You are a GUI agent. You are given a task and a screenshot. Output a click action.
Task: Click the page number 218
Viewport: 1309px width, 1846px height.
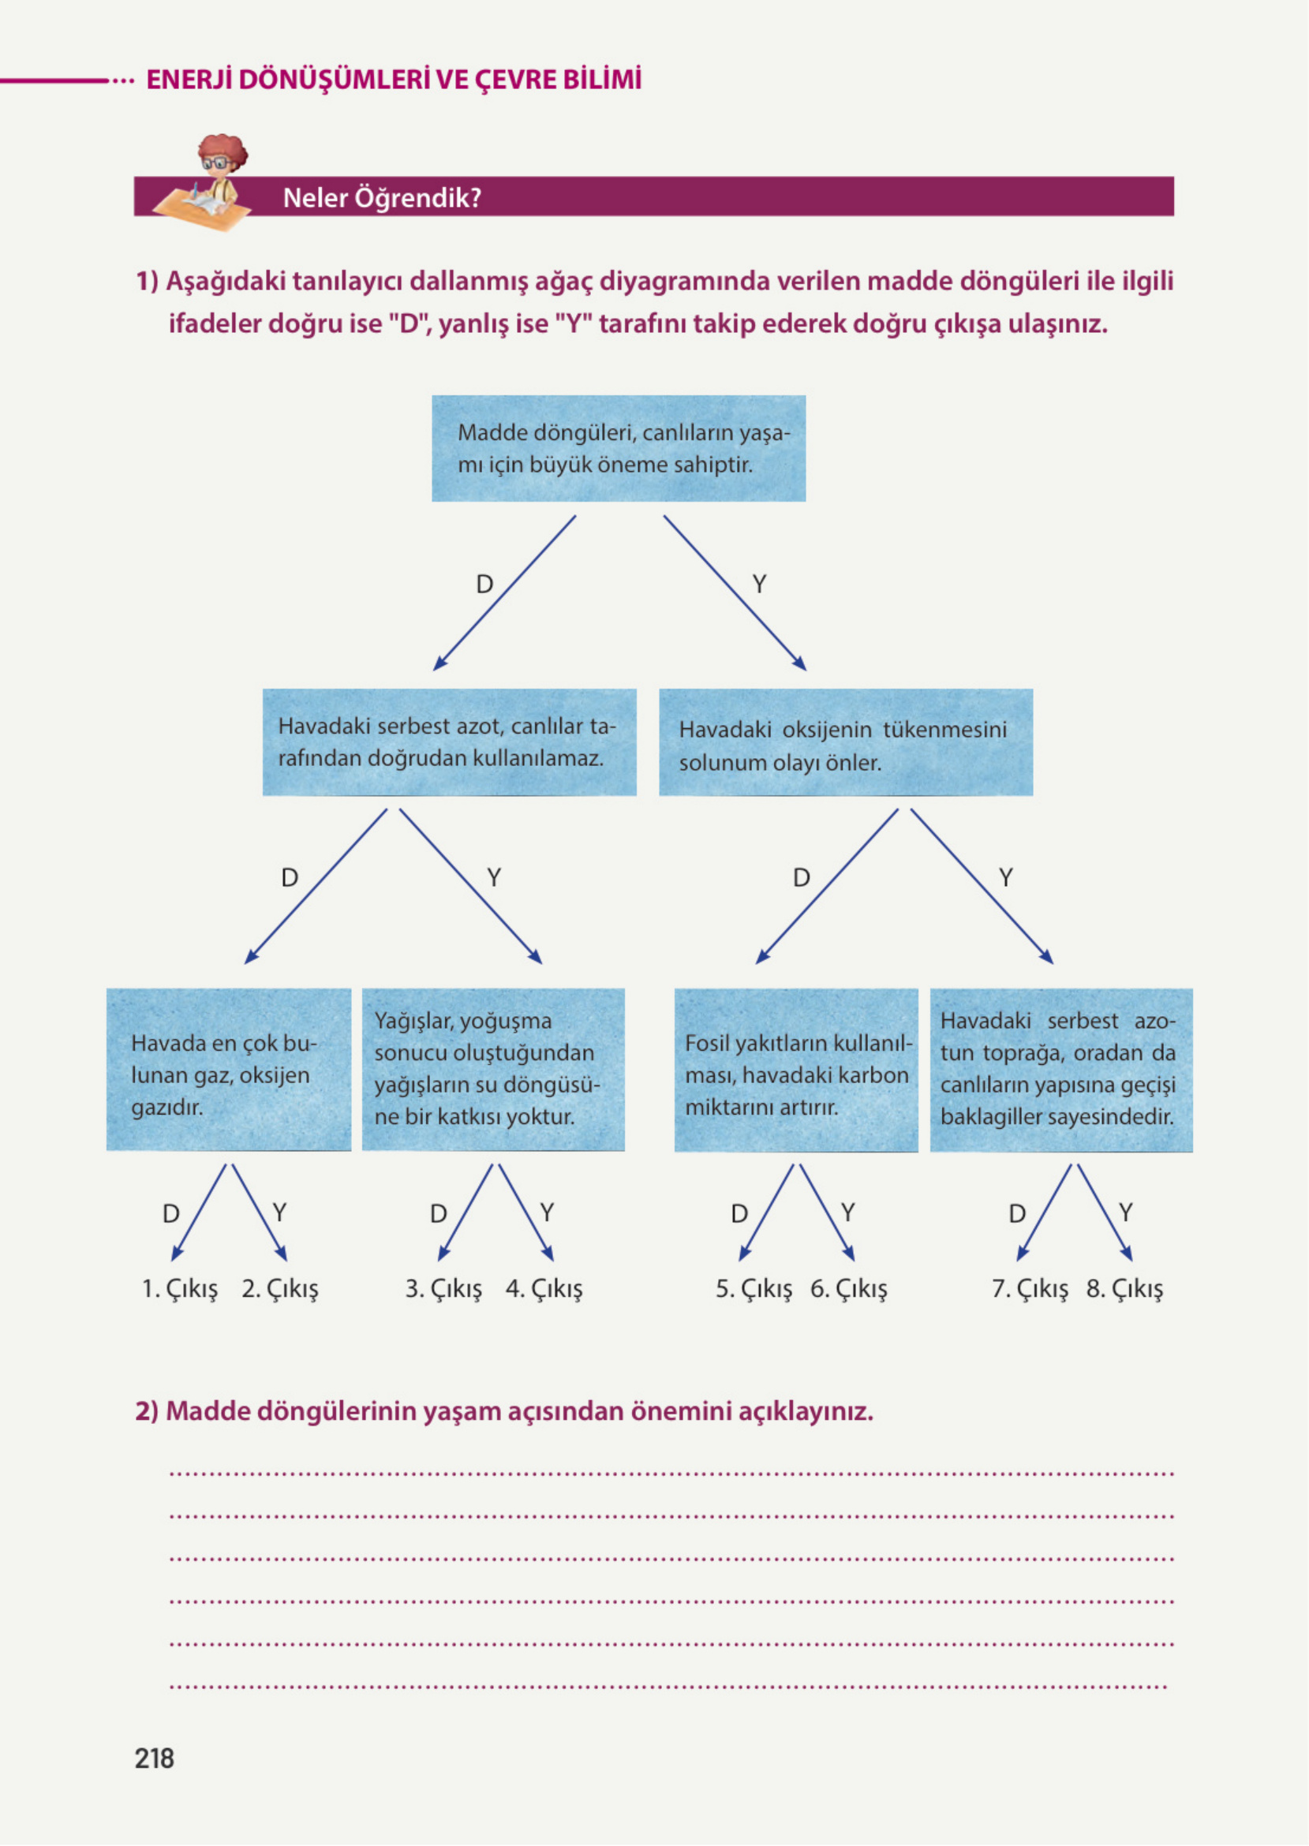[154, 1758]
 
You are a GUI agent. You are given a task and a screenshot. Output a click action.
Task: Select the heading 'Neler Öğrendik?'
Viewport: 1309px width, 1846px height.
[382, 197]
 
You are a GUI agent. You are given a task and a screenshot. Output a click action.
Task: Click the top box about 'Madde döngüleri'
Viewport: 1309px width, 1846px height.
[619, 448]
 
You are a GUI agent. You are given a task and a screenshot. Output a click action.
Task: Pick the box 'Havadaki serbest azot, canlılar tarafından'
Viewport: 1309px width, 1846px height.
[449, 742]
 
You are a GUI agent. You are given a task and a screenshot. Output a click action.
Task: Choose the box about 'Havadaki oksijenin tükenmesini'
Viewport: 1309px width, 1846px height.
[846, 742]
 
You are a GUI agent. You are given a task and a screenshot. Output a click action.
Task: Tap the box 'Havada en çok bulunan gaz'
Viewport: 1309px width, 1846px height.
[229, 1069]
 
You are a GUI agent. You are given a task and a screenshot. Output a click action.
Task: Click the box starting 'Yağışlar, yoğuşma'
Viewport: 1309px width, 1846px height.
[492, 1069]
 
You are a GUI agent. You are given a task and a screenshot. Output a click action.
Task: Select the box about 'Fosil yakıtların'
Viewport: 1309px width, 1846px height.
[795, 1069]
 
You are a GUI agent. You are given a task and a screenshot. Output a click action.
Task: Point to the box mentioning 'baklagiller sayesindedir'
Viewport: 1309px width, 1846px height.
[1060, 1069]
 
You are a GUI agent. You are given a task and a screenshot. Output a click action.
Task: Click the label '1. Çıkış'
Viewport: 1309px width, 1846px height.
[180, 1288]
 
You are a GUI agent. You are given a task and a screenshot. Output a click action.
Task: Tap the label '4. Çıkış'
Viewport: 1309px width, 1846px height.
[544, 1288]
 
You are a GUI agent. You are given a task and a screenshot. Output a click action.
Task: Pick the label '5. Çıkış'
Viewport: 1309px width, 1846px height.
[754, 1288]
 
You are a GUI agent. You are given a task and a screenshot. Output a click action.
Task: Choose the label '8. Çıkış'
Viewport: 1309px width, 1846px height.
[1124, 1288]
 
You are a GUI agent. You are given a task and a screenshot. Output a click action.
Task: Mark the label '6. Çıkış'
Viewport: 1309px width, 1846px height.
[849, 1288]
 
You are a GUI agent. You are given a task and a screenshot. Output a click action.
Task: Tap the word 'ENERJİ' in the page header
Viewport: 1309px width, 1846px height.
[189, 80]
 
